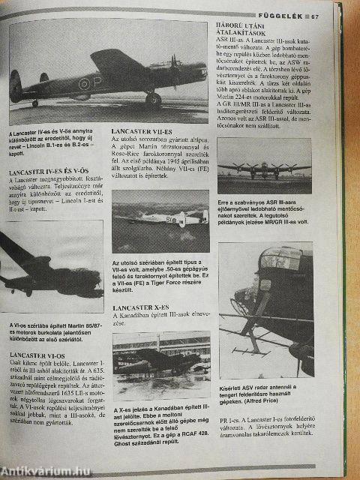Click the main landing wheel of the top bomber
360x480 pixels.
pyautogui.click(x=152, y=98)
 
